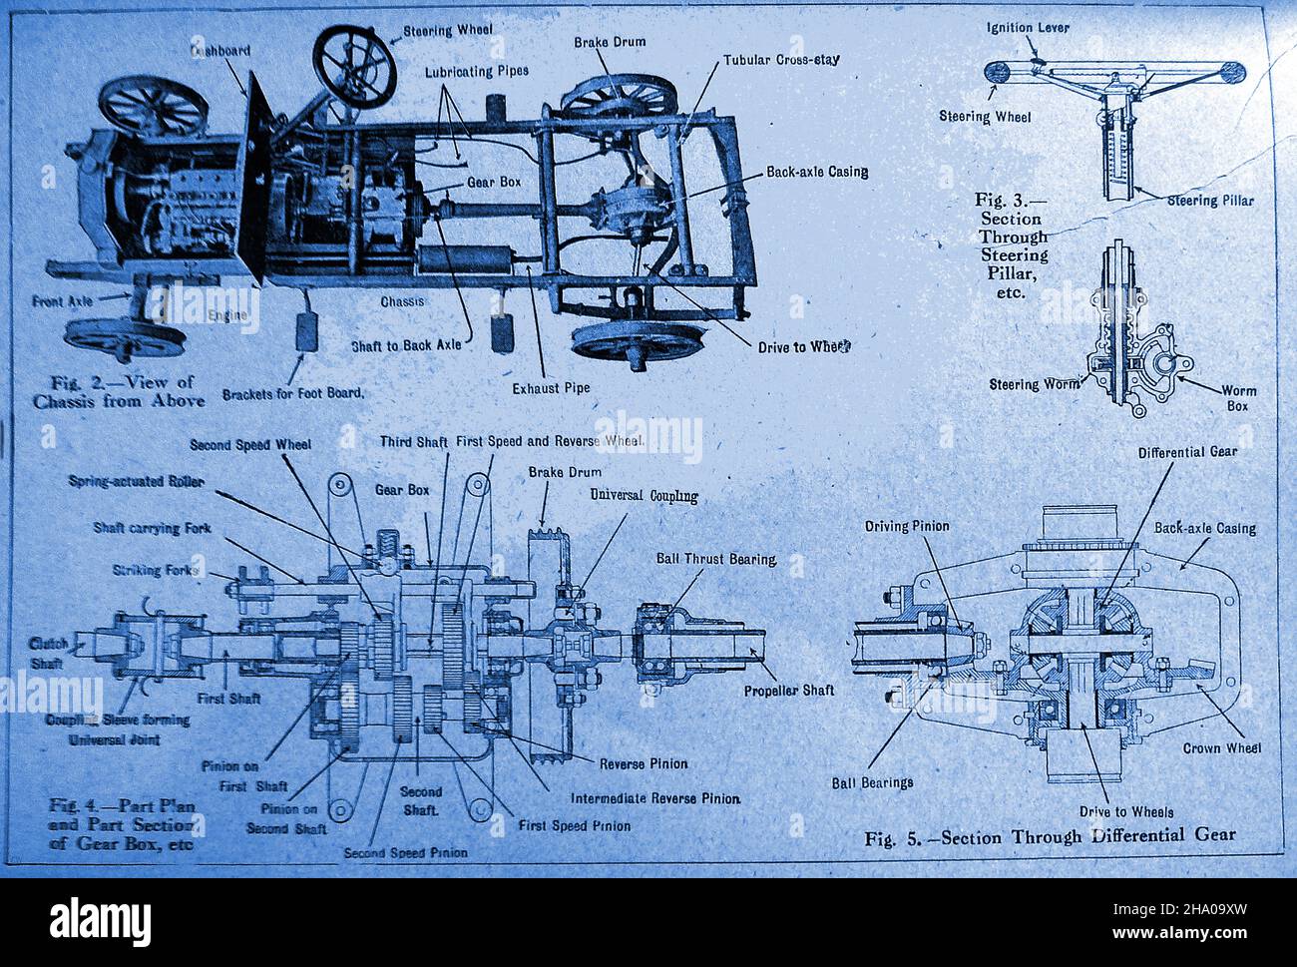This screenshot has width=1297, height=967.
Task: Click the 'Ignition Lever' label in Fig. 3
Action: [1028, 27]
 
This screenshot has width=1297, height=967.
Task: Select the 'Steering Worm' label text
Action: [1033, 384]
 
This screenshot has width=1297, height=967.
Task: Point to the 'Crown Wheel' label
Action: [1221, 747]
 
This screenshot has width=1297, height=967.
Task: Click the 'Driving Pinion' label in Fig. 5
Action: [907, 525]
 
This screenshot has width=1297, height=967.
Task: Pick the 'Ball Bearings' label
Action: [872, 782]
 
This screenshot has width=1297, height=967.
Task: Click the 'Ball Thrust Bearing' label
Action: [715, 559]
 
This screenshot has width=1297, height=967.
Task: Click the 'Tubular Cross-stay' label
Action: [781, 59]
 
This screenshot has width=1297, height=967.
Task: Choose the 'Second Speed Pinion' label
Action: [405, 853]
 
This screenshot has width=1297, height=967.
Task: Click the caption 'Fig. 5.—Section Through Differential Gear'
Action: [1050, 835]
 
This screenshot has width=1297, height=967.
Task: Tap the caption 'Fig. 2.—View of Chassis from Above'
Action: [127, 390]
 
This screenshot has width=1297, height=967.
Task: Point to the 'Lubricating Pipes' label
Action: [477, 72]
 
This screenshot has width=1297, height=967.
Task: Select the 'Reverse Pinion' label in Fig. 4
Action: [643, 763]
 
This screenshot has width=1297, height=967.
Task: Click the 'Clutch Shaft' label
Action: [49, 652]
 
